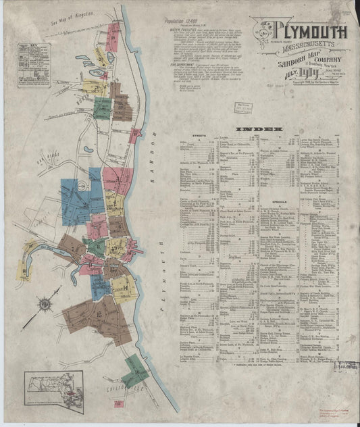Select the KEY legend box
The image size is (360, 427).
(34, 65)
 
